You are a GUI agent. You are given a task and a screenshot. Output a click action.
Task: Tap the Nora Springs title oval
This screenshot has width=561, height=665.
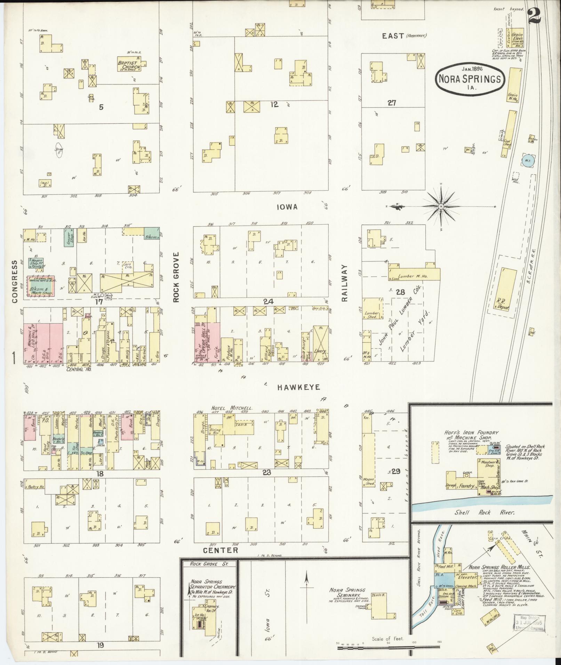[x=468, y=79]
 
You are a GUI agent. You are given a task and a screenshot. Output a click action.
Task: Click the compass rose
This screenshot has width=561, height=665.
[x=441, y=206]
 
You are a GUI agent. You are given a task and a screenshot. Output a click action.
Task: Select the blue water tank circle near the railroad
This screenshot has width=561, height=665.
[x=528, y=161]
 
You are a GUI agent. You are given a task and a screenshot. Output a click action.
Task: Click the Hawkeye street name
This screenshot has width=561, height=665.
[x=298, y=387]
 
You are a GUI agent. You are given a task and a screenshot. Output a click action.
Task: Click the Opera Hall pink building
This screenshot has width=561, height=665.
[x=207, y=342]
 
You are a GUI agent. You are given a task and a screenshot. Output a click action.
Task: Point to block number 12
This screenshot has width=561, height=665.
[x=274, y=104]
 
